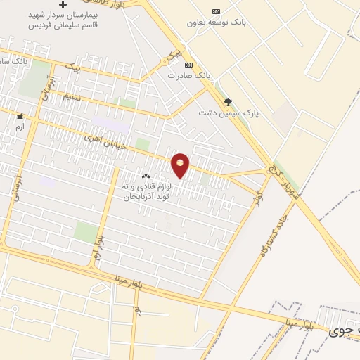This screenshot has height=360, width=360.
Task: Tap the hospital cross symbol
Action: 63,4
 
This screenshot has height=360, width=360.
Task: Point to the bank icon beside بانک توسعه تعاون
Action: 215,11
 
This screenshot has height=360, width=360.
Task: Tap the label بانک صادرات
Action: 189,75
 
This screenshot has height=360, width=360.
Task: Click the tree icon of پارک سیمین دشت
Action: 227,102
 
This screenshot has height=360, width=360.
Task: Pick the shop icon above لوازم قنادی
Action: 146,176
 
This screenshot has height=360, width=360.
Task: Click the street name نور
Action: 136,309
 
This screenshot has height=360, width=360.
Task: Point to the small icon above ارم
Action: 20,116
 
